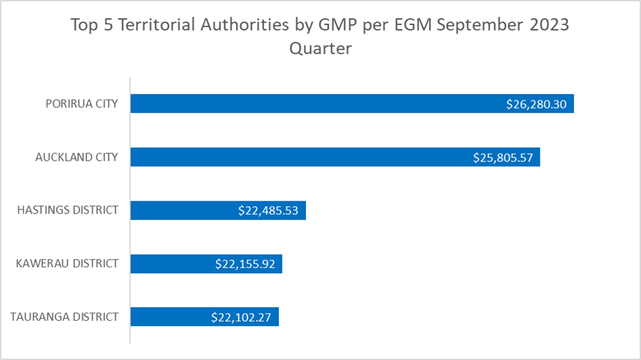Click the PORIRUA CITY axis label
tap(81, 104)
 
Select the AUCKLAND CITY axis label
tap(77, 157)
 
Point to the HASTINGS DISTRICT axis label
tap(68, 210)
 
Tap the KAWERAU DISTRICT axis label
tap(67, 264)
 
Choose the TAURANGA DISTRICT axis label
tap(64, 317)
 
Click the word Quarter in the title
tap(320, 49)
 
